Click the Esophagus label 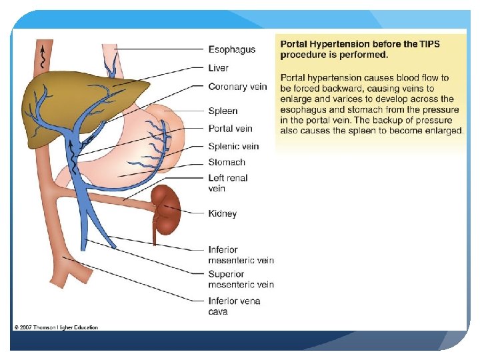point(231,49)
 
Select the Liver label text point(218,68)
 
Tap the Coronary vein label point(237,87)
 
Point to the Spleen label point(223,111)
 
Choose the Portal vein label point(231,128)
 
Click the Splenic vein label point(233,146)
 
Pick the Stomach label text point(227,162)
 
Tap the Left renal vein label point(227,183)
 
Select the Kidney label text point(223,213)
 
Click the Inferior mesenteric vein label point(241,255)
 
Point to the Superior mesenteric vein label point(241,279)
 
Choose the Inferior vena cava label point(234,306)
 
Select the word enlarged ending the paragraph point(445,131)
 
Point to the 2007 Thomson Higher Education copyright point(56,327)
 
